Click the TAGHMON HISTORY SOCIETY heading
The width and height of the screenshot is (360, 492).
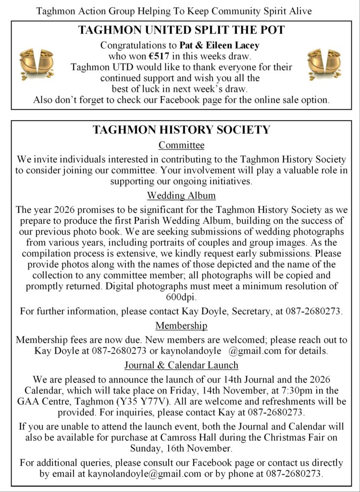181,130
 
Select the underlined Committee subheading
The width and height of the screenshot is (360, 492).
181,145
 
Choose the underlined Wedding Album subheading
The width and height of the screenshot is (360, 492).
181,196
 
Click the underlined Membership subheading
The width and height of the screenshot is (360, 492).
181,326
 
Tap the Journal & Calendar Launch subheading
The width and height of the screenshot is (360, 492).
181,365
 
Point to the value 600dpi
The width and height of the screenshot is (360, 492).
181,297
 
